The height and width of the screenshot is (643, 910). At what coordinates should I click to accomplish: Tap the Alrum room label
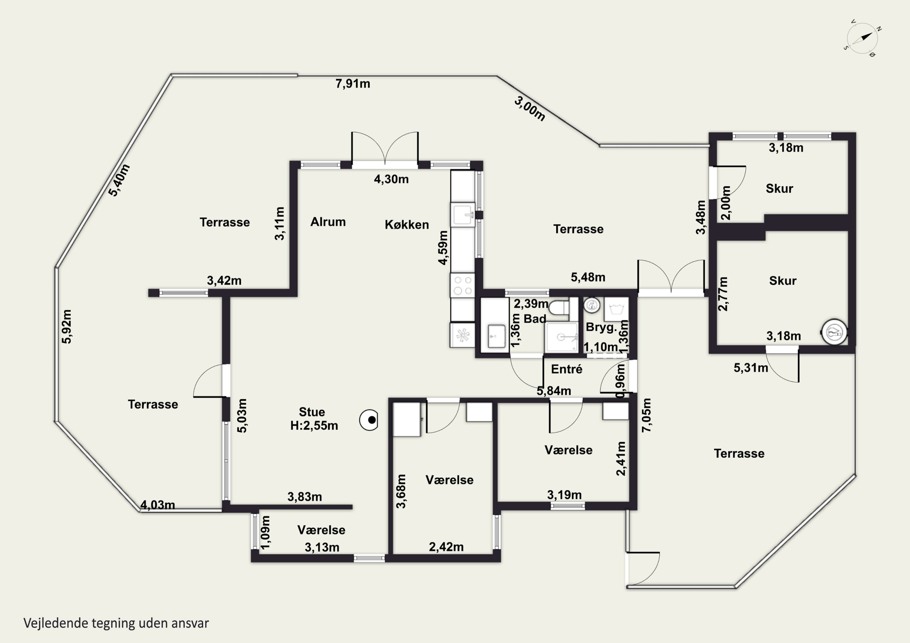(328, 222)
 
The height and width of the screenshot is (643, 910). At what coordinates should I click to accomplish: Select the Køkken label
(407, 225)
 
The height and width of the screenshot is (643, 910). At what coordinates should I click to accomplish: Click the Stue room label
(312, 412)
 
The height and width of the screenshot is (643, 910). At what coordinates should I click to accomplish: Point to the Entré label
(566, 369)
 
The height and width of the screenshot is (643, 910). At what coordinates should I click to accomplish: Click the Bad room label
(535, 319)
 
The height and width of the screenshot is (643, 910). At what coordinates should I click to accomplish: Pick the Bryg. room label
(601, 327)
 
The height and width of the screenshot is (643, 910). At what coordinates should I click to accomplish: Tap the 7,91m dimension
(353, 84)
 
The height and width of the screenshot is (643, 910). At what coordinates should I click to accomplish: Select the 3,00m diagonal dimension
(530, 109)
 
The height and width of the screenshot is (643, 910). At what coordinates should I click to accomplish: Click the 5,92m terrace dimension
(67, 327)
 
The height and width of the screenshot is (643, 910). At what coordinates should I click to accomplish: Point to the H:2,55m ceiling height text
(314, 426)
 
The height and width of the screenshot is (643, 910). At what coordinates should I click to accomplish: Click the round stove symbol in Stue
(369, 420)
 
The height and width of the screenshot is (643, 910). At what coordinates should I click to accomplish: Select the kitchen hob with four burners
(463, 285)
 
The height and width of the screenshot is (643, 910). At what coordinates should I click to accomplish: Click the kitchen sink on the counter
(463, 215)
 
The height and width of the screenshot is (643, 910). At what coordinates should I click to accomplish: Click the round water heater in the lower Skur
(834, 332)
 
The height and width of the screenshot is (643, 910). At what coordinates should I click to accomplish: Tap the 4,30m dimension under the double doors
(391, 179)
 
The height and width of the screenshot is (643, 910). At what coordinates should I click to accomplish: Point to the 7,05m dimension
(646, 415)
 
